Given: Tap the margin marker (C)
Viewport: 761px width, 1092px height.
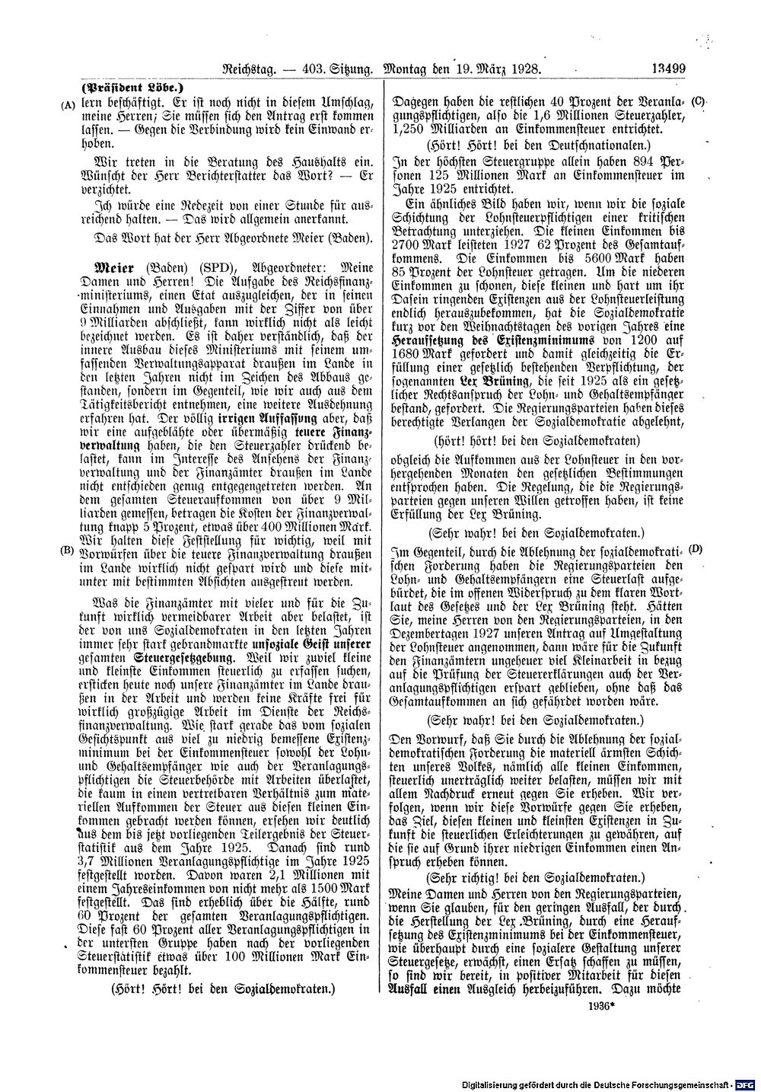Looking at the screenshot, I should pos(700,101).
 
